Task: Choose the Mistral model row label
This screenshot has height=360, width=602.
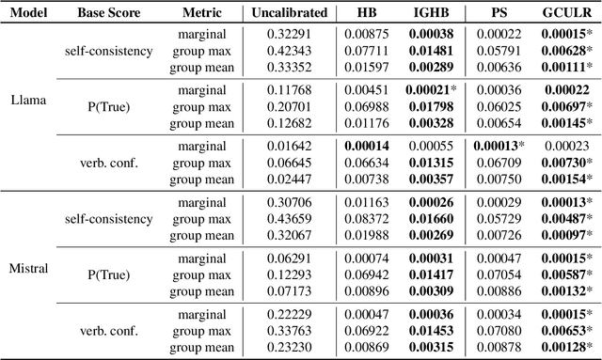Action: click(x=29, y=267)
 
